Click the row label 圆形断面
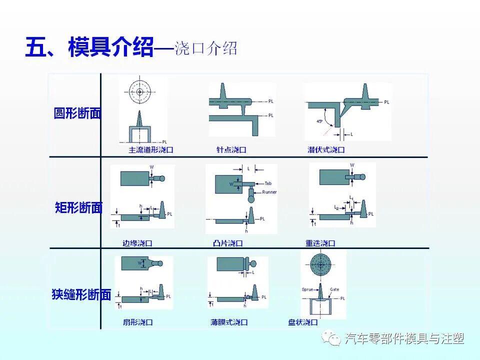[77, 113]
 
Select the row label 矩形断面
[78, 207]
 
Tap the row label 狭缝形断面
[81, 294]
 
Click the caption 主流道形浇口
[151, 149]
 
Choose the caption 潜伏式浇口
[326, 149]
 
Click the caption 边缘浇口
[137, 243]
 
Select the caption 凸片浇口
[227, 243]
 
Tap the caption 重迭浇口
[320, 243]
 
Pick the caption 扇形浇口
[137, 322]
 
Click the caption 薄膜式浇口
[229, 322]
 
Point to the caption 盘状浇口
[303, 322]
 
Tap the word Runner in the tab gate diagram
[268, 192]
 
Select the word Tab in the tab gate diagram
[268, 183]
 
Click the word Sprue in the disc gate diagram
[307, 289]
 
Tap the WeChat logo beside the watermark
[332, 338]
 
